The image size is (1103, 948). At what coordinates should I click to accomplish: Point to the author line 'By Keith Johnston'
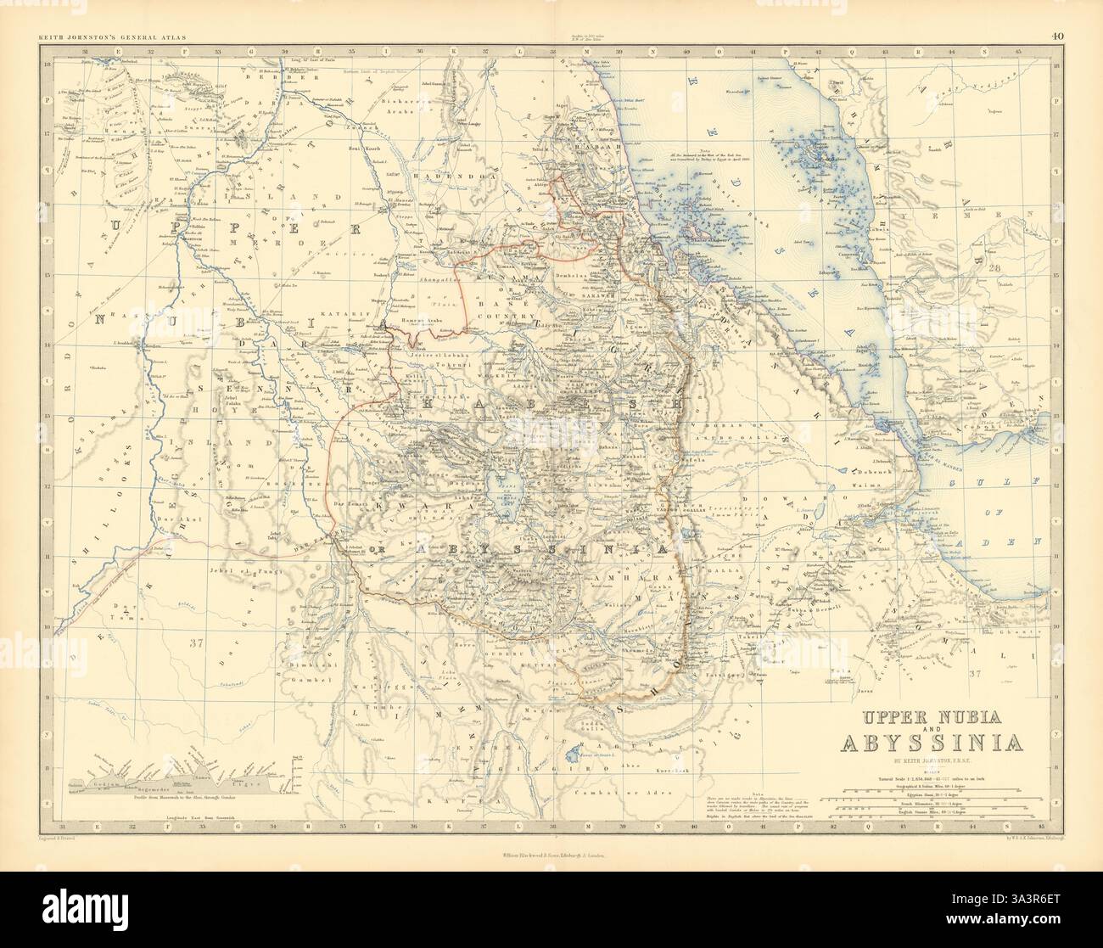click(x=931, y=762)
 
